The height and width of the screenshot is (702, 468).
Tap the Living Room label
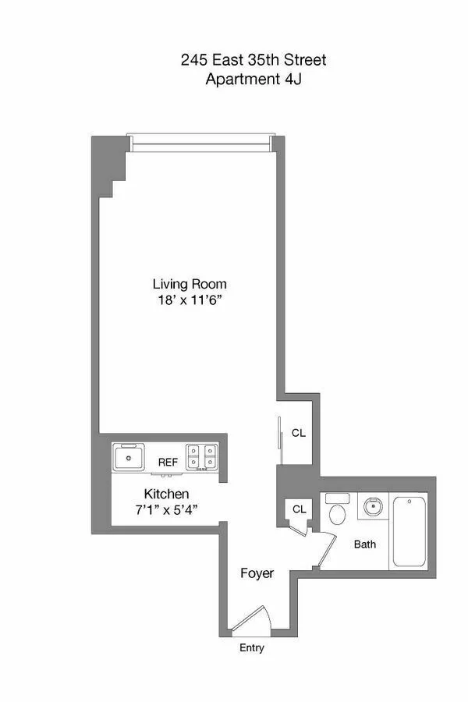click(190, 284)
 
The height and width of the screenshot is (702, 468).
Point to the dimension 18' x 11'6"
click(190, 300)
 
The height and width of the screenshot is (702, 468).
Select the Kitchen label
click(166, 494)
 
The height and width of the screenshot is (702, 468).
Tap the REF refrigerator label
click(168, 463)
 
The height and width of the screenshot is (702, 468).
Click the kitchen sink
click(128, 456)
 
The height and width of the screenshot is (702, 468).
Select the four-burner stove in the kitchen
click(201, 457)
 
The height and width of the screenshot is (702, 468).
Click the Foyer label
click(257, 573)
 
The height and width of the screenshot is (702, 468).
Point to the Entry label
click(251, 647)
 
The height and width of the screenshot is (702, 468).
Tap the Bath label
click(365, 544)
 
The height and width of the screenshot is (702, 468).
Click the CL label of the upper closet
click(298, 432)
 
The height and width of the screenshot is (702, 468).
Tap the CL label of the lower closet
click(298, 509)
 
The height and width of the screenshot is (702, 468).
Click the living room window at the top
click(200, 143)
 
